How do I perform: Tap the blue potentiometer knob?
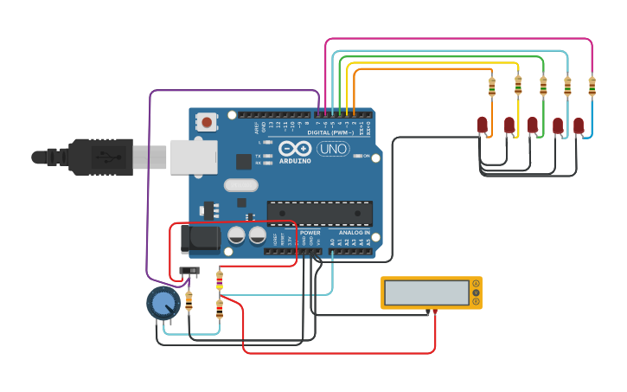coord(163,303)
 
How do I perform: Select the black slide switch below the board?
coord(189,272)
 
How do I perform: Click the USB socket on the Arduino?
coord(193,157)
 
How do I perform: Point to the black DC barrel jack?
coord(201,239)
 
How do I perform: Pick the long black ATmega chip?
coord(319,212)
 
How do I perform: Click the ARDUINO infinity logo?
coord(295,151)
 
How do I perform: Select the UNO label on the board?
coord(333,149)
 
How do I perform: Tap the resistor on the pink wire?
coord(592,86)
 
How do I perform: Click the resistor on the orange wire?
coord(492,87)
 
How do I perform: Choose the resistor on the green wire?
coord(543,86)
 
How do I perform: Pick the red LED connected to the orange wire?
coord(483,125)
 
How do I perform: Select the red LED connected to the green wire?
coord(533,125)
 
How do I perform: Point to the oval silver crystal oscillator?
coord(240,184)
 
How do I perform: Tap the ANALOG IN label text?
coord(354,232)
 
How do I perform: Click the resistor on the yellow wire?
coord(518,85)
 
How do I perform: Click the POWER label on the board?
coord(310,232)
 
